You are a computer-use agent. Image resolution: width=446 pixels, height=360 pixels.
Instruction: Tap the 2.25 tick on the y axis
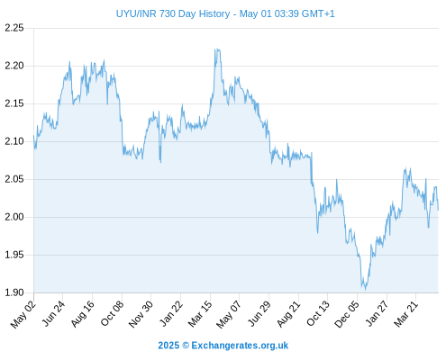[x=14, y=28]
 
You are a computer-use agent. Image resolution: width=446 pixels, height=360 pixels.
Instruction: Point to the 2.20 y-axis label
[x=14, y=66]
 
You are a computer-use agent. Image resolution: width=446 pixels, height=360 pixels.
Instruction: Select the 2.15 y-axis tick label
[x=14, y=103]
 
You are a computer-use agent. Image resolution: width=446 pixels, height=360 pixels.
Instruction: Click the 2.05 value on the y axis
[x=14, y=179]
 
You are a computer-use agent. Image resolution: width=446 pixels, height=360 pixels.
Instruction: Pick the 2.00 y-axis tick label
[x=14, y=217]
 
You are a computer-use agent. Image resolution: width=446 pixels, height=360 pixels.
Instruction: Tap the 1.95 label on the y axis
[x=14, y=255]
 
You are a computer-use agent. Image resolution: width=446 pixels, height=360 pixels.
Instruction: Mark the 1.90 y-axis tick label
[x=14, y=292]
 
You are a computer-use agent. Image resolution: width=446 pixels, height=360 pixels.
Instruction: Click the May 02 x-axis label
[x=23, y=314]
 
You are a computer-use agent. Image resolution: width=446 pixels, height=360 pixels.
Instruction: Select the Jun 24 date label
[x=53, y=314]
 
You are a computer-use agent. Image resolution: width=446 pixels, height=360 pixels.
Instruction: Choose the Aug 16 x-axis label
[x=82, y=314]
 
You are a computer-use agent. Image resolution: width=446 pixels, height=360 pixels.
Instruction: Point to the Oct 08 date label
[x=112, y=314]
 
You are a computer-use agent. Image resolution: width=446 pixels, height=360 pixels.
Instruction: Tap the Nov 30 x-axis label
[x=141, y=314]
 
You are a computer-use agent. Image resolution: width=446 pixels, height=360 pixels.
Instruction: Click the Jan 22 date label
[x=171, y=314]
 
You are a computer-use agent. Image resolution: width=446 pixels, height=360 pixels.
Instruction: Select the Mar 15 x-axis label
[x=200, y=314]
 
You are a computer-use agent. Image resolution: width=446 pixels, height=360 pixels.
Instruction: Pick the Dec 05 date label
[x=347, y=314]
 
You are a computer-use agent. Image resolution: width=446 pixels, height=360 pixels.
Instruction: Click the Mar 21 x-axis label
[x=406, y=314]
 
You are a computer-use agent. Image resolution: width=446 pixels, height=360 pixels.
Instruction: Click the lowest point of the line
[x=365, y=290]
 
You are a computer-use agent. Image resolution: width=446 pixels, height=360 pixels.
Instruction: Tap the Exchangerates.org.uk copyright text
[x=223, y=346]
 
